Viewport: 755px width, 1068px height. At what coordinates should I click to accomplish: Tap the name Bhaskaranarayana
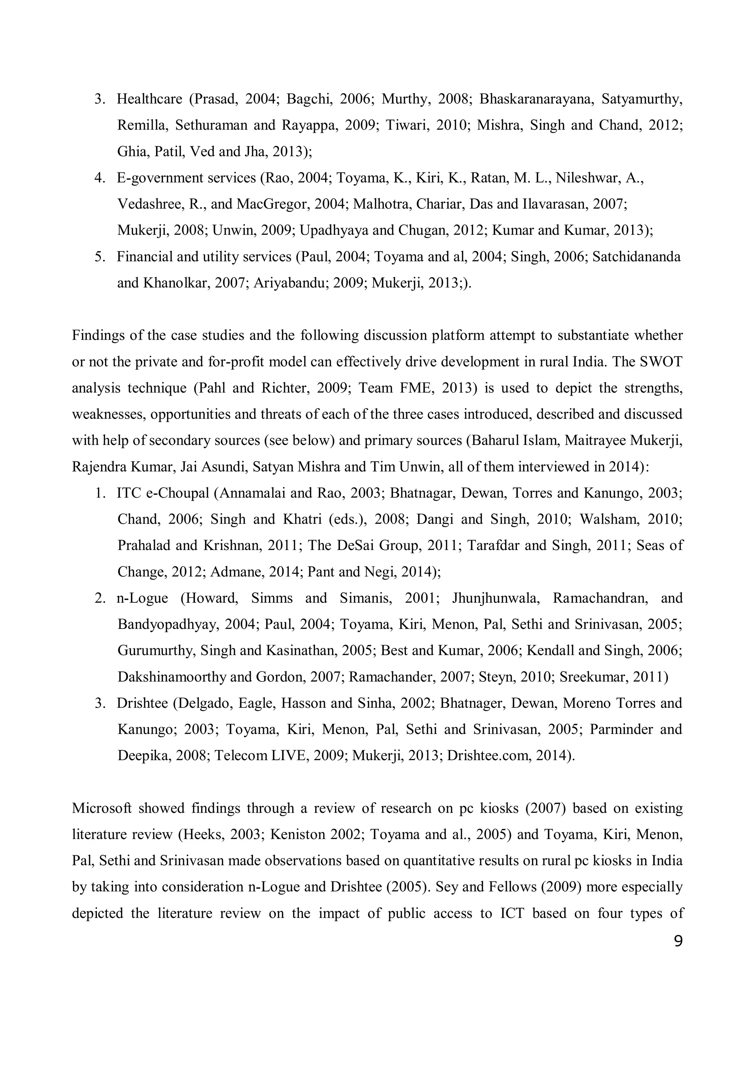tap(535, 99)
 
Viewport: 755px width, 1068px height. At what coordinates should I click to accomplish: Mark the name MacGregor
tap(272, 204)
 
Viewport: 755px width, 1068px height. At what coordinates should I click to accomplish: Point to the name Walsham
tap(608, 519)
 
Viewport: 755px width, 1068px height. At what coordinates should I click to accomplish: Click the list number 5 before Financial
tap(100, 257)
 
